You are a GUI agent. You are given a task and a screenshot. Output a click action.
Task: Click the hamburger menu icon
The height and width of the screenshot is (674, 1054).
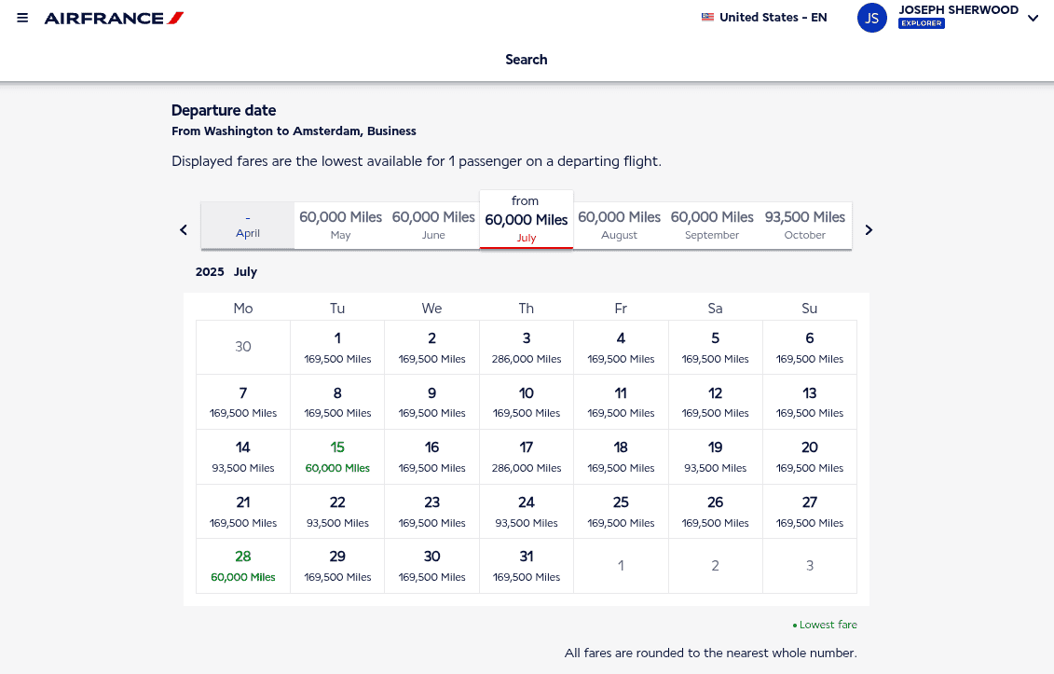pos(22,18)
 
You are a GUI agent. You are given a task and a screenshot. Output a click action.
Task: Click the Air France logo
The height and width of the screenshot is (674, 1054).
pos(114,18)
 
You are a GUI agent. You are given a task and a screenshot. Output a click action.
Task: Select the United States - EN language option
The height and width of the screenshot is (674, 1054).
pos(764,17)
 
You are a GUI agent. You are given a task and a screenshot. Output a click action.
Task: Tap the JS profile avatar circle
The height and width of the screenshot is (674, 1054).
pos(871,18)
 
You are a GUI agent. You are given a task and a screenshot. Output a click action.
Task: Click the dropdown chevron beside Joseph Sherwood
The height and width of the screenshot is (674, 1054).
pos(1033,19)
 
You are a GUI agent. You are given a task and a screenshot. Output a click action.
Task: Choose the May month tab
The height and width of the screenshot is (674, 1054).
pos(340,225)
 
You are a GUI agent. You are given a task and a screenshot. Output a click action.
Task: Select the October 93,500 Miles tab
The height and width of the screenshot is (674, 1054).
pos(805,225)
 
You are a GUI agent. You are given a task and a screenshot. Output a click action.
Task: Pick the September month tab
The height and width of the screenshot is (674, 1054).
pos(712,225)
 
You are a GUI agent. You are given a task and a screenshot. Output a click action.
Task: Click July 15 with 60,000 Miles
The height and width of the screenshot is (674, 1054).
pos(337,456)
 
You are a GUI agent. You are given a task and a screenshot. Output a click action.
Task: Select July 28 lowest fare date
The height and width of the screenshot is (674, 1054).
pos(243,565)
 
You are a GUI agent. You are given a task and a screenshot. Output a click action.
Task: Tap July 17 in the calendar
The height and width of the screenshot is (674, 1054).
pos(527,456)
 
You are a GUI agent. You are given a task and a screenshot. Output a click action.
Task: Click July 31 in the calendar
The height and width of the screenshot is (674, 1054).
pos(527,565)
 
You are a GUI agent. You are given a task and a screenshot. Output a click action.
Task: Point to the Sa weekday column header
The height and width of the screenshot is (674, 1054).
pos(715,309)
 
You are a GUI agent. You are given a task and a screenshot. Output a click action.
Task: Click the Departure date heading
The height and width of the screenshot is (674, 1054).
pos(224,110)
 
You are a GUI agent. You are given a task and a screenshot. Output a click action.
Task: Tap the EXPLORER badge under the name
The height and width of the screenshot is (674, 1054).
pos(922,23)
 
